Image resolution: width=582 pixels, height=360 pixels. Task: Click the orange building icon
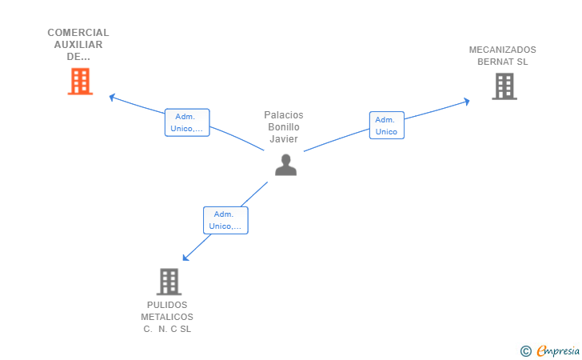80,82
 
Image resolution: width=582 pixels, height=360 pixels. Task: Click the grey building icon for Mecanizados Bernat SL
504,86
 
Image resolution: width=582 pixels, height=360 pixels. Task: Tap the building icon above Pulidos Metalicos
169,282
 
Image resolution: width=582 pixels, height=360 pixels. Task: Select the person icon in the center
286,165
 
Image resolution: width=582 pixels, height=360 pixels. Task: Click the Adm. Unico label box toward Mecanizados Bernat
387,126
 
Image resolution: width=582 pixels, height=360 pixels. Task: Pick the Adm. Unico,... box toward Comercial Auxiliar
187,122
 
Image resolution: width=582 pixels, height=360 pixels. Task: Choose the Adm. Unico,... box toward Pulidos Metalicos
225,220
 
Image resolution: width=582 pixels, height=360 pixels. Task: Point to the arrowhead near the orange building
112,98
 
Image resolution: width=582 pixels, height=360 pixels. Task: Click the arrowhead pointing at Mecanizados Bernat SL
467,102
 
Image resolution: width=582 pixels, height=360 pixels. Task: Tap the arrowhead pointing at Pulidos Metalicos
185,258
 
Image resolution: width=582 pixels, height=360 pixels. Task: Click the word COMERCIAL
78,33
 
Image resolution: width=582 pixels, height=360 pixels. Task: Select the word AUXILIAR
78,45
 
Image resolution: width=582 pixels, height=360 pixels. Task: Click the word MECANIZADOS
503,50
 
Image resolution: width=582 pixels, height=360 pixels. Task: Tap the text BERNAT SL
503,62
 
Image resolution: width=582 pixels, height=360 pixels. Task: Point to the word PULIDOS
167,305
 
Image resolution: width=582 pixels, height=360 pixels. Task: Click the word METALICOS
167,317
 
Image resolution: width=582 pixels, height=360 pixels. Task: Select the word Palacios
284,115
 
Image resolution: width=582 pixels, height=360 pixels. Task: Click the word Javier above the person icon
284,139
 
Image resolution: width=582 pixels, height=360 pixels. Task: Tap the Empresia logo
558,350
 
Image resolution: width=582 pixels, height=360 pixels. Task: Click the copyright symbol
526,351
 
